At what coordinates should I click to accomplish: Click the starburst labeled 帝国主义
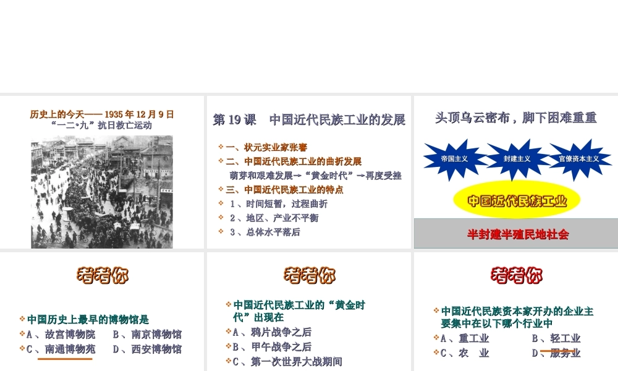pos(454,159)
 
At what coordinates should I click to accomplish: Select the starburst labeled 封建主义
pos(517,159)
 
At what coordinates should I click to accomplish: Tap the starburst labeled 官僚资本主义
pos(579,159)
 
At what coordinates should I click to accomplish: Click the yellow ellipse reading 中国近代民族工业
pos(517,200)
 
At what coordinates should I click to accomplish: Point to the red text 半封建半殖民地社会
pos(517,234)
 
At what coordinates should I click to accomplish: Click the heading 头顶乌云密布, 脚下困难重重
pos(516,117)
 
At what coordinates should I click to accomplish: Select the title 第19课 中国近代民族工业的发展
pos(309,119)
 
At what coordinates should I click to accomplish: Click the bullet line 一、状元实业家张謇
pos(266,147)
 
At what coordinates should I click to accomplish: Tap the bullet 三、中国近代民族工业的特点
pos(284,190)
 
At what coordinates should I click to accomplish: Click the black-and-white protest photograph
pos(102,192)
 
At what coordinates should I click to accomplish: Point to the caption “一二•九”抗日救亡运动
pos(102,125)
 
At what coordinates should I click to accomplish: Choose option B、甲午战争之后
pos(272,347)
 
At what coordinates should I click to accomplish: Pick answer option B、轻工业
pos(556,338)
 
